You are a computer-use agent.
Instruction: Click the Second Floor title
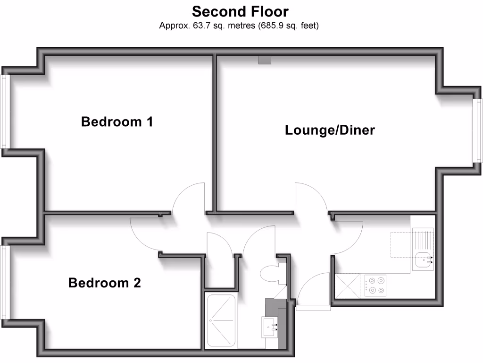240,11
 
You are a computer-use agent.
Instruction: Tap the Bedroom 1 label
117,122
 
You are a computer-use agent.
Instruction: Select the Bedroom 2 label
105,283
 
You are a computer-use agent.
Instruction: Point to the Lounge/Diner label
330,130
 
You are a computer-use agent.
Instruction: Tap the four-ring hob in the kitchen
375,285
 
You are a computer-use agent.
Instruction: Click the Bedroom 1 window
5,112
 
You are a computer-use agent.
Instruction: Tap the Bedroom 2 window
5,283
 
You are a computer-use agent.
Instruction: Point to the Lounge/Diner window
478,130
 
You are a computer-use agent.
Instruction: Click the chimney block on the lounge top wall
265,60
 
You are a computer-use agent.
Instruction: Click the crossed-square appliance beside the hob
347,286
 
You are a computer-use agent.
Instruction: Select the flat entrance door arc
311,288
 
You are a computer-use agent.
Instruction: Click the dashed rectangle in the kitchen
401,245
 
